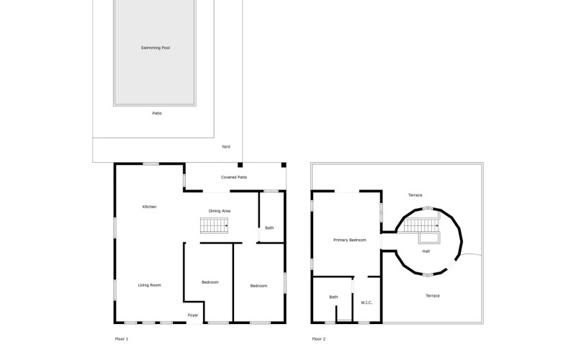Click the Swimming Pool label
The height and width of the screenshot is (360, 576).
(x=156, y=48)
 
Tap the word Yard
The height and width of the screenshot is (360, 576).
(x=225, y=147)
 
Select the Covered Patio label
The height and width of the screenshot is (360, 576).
(x=234, y=177)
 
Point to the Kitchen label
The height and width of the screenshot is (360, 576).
(x=149, y=207)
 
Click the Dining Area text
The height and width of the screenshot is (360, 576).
(x=220, y=211)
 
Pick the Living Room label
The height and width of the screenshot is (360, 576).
(x=150, y=285)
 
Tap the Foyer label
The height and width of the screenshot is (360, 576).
(x=193, y=315)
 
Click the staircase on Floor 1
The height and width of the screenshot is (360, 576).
(x=214, y=225)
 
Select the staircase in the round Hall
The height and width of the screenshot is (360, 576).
(x=421, y=225)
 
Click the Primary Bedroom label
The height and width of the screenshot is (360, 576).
(x=350, y=240)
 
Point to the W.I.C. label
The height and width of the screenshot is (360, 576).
(x=366, y=302)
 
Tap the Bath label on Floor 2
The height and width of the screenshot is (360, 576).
(x=333, y=297)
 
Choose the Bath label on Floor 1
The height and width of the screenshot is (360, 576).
(x=269, y=228)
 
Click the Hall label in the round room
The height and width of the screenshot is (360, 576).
(x=426, y=251)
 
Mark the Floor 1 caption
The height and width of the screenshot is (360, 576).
(x=122, y=339)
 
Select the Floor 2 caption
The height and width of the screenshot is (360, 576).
(x=319, y=339)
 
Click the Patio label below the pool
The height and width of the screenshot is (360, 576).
(x=157, y=113)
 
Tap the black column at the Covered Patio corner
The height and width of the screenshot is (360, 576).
(x=284, y=165)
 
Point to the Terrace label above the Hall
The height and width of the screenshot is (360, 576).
(x=415, y=195)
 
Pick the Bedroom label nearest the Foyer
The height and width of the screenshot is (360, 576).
(x=210, y=282)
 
